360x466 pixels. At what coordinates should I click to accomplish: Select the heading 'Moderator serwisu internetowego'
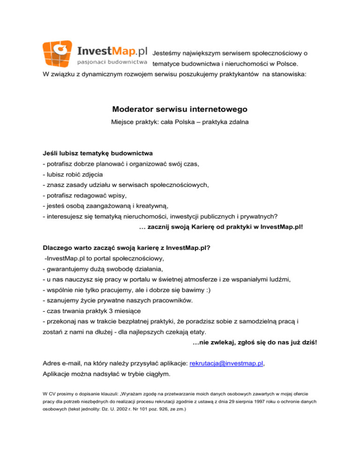tap(180, 110)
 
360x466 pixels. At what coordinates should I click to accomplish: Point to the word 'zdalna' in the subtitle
tap(237, 123)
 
